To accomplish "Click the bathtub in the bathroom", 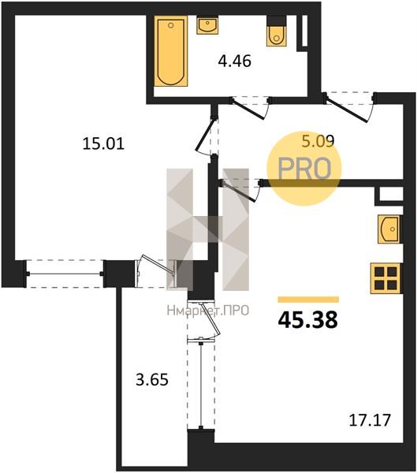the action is tap(171, 51).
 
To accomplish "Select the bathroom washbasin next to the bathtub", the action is tap(207, 26).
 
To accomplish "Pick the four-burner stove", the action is tap(385, 278).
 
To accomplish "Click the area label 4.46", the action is tap(235, 61).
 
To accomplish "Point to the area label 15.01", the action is tap(103, 144).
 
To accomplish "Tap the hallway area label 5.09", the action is tap(318, 141).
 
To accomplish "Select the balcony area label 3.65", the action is tap(152, 380).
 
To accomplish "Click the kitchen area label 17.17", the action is tap(370, 420).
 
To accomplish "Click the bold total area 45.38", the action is tap(307, 320).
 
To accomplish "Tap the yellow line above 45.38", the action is tap(308, 300).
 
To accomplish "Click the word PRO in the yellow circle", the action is tap(304, 169).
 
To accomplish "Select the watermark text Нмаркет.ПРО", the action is tap(208, 311).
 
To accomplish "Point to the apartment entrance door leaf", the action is tap(347, 110).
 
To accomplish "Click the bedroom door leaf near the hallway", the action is tap(205, 135).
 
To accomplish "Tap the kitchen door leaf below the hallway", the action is tap(239, 192).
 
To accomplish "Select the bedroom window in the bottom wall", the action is tap(65, 274).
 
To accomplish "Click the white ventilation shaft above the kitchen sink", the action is tap(391, 194).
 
